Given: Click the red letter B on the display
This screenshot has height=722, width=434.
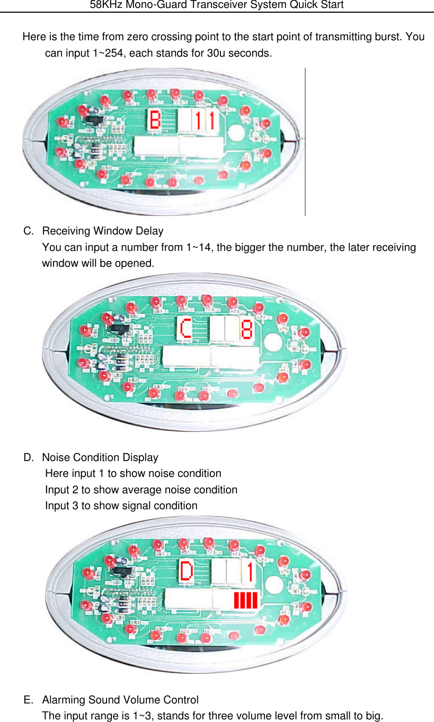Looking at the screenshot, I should pyautogui.click(x=155, y=120).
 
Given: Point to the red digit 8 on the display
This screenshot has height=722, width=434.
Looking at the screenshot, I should pyautogui.click(x=246, y=329).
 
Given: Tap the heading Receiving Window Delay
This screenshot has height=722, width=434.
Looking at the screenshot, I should pyautogui.click(x=102, y=231).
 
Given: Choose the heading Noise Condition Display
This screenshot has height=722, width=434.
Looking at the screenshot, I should pyautogui.click(x=100, y=457).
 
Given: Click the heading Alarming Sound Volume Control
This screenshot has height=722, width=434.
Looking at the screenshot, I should pyautogui.click(x=120, y=700).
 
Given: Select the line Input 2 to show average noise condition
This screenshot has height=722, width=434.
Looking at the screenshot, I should pyautogui.click(x=141, y=490).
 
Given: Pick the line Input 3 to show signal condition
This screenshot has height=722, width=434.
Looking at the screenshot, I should pyautogui.click(x=121, y=506).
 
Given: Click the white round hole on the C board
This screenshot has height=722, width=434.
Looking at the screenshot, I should pyautogui.click(x=273, y=342).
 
